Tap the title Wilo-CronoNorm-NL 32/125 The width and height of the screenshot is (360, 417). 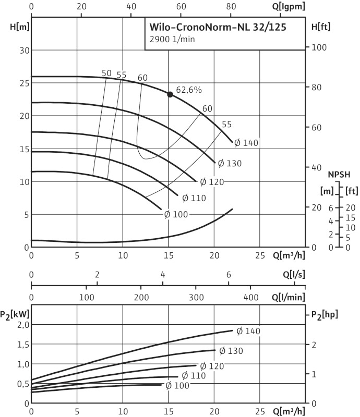pos(218,26)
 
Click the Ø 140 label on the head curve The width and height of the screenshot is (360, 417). pos(246,142)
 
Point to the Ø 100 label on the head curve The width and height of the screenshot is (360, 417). pos(176,214)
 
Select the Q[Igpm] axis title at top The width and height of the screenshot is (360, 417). pos(286,6)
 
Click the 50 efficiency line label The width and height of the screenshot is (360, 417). pos(106,73)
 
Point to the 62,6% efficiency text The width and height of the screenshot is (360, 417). pos(188,90)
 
